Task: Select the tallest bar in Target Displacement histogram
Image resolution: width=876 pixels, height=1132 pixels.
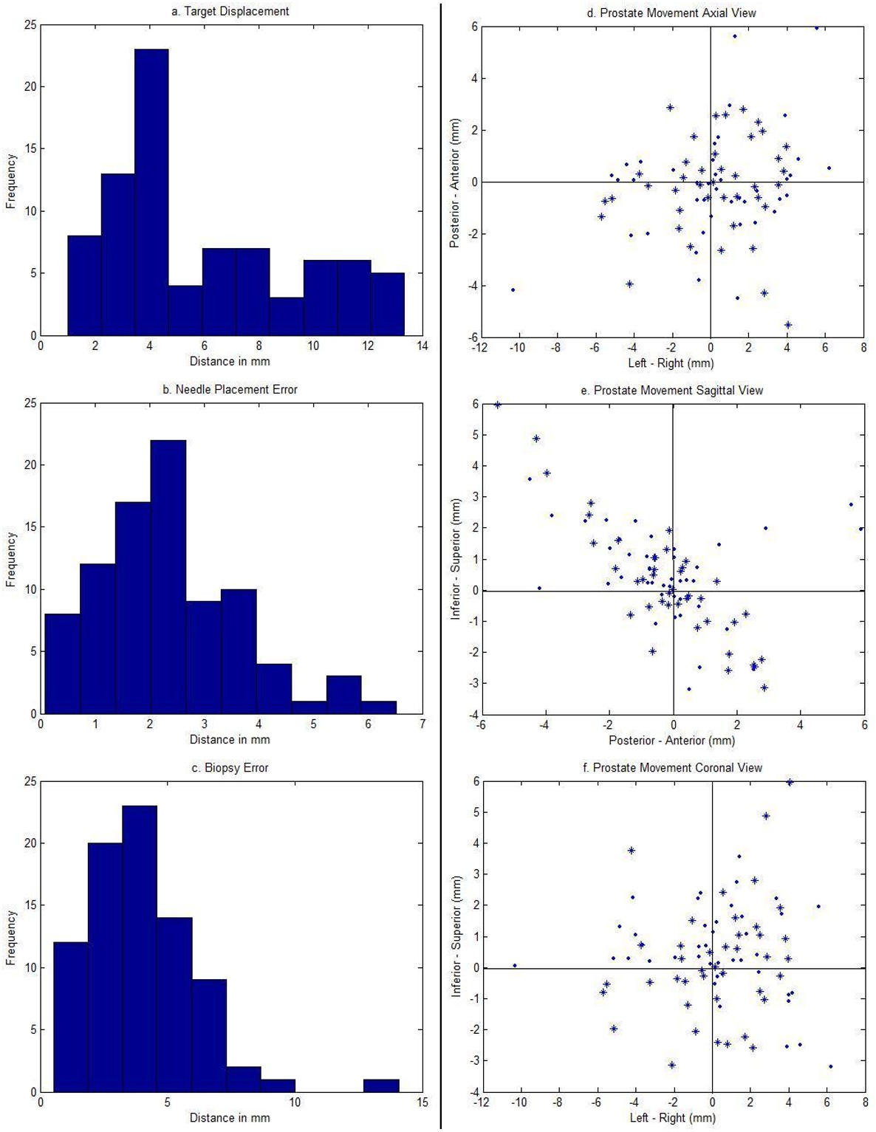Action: click(x=151, y=192)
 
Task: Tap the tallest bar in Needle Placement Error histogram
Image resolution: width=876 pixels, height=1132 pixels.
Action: click(x=168, y=576)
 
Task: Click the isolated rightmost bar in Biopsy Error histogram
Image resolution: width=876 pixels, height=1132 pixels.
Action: click(x=381, y=1085)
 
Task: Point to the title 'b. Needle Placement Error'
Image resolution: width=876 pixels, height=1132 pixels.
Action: click(x=230, y=389)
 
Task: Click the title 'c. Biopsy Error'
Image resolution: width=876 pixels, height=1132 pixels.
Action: click(x=230, y=768)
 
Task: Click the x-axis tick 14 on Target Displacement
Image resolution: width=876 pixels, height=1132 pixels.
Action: click(x=422, y=346)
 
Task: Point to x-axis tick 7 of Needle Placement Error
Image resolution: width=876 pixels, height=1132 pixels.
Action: click(x=422, y=724)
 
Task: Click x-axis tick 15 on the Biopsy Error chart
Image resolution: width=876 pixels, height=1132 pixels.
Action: click(x=422, y=1102)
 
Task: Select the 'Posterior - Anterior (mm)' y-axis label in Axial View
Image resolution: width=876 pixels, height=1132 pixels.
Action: click(x=456, y=182)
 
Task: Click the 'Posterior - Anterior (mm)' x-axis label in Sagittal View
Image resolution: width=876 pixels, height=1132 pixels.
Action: click(x=671, y=740)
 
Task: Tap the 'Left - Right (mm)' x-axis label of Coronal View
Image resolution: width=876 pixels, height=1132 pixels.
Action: click(x=672, y=1118)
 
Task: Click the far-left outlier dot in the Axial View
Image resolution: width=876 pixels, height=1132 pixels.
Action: click(x=513, y=289)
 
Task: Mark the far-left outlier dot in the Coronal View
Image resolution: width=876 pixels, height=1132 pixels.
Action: click(x=514, y=965)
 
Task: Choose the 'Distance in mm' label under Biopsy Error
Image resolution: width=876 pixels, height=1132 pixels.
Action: click(x=230, y=1118)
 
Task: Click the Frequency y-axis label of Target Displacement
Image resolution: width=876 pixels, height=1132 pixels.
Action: click(x=11, y=181)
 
